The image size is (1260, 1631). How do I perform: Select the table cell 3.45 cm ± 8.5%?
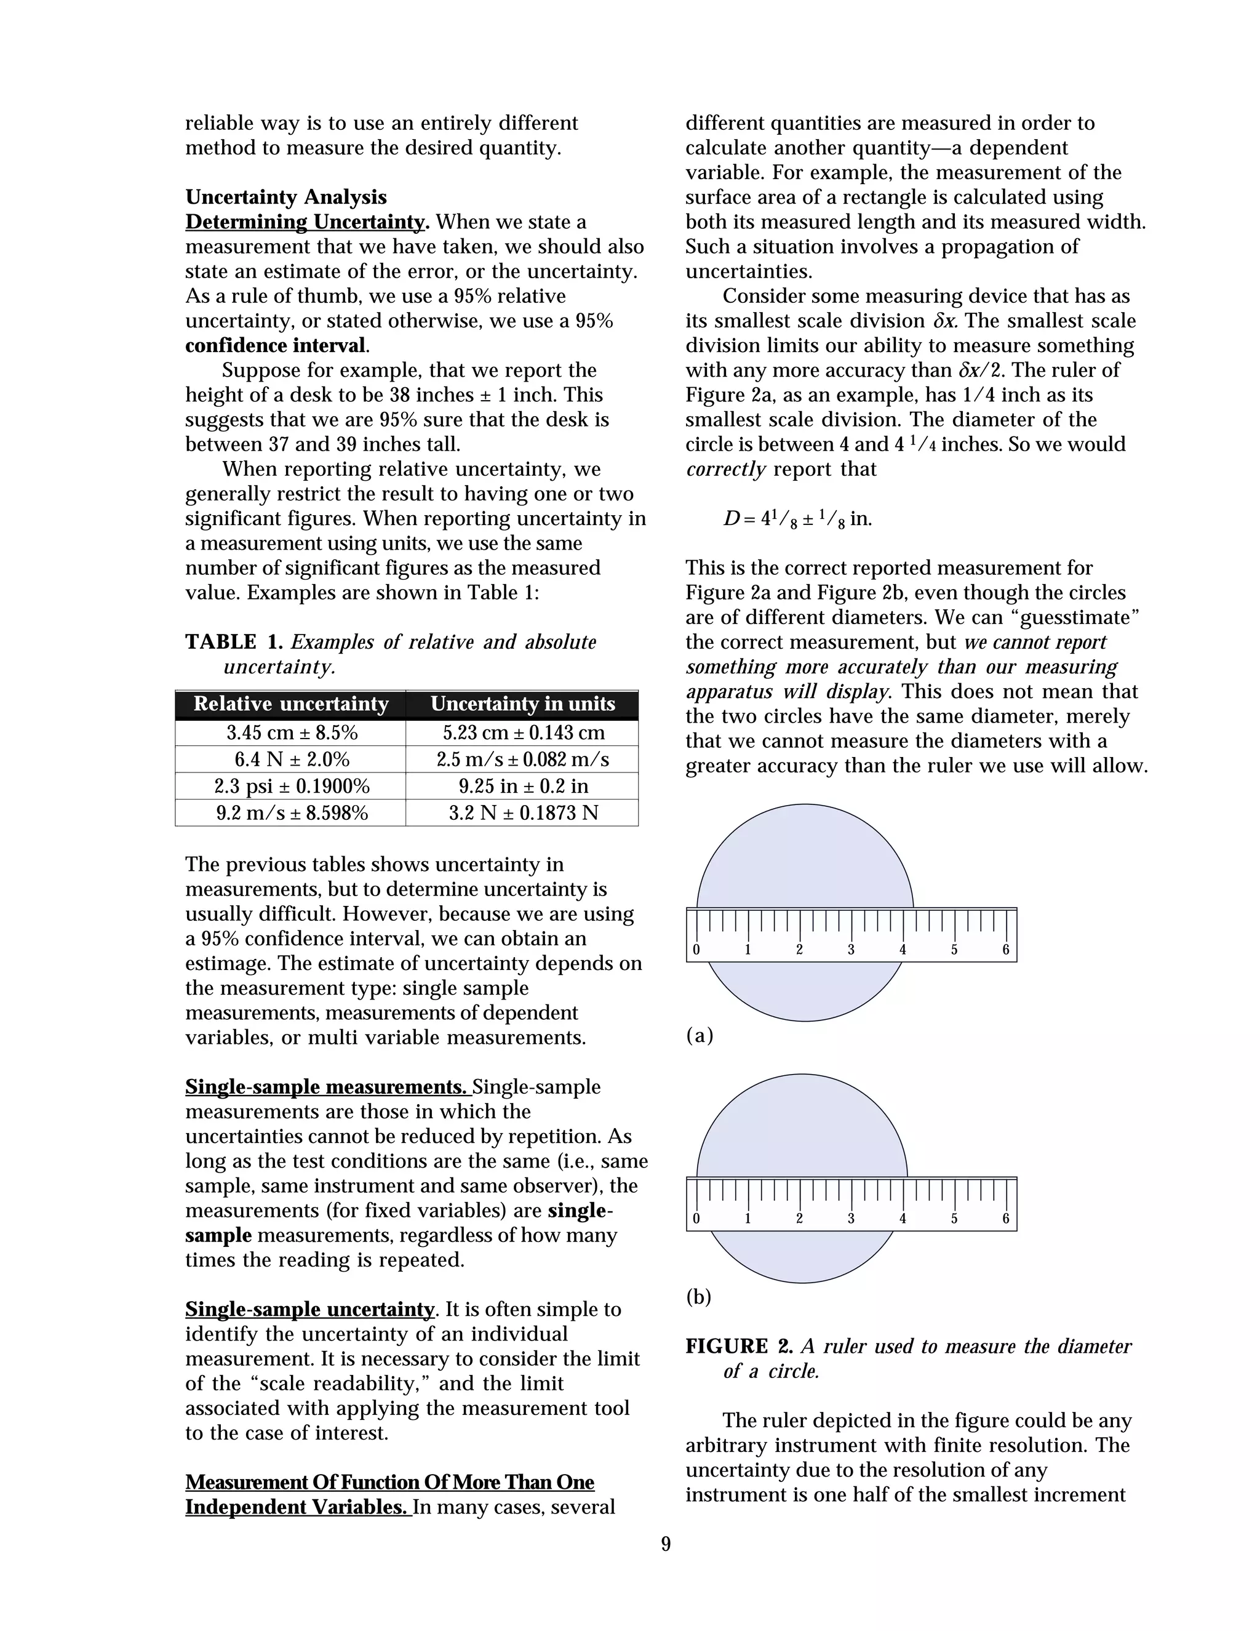pos(292,732)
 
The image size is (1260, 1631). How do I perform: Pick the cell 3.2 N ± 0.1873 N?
pos(522,812)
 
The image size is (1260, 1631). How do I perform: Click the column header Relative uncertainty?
pos(291,703)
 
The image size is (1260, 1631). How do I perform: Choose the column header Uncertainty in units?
pos(522,703)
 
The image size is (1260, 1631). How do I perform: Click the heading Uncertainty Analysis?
pos(286,197)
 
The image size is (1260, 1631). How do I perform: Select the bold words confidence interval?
pos(276,346)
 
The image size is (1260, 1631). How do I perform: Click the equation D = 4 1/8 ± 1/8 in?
pos(797,518)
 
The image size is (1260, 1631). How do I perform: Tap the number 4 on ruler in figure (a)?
pos(903,950)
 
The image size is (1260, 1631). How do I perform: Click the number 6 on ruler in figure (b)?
pos(1005,1219)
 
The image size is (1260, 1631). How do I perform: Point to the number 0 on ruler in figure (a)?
pos(696,950)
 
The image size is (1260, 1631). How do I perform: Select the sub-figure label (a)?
pos(700,1035)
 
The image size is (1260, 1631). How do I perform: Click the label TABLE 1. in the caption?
pos(234,642)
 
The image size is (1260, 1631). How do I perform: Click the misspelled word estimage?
pos(220,963)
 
